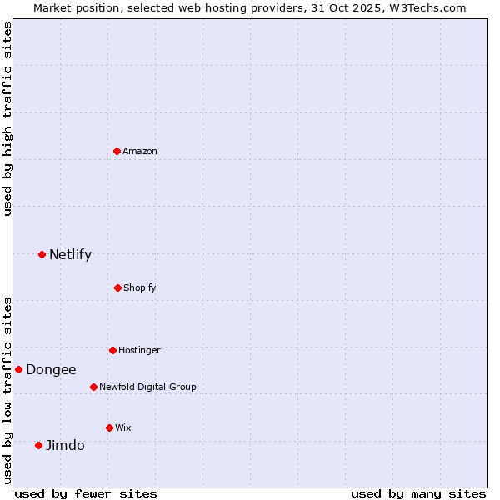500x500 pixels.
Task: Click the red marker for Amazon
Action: [117, 151]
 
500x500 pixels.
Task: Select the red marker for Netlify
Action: [42, 254]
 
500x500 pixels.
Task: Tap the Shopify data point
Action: [117, 287]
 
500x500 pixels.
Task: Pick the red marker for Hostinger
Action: [112, 350]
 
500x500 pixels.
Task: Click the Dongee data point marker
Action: [18, 369]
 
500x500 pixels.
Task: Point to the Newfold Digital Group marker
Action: [93, 387]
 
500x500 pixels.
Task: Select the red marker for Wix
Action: [109, 427]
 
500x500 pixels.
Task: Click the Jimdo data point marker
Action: [38, 445]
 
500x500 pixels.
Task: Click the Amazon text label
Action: [140, 151]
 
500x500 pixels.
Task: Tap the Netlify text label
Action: [70, 254]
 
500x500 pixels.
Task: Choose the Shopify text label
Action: [140, 287]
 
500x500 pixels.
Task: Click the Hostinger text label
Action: [139, 350]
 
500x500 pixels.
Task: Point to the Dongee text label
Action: [51, 369]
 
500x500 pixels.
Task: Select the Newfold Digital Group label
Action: [147, 387]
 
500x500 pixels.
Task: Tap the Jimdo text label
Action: [65, 445]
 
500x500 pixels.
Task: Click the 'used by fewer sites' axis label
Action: [86, 493]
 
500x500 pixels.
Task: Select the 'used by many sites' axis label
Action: [418, 493]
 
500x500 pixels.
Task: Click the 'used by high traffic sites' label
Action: [7, 118]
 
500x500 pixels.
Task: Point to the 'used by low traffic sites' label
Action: [7, 389]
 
